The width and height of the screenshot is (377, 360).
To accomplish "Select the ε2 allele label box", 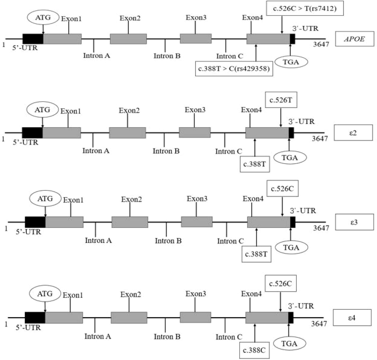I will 353,133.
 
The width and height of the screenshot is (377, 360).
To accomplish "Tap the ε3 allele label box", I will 354,222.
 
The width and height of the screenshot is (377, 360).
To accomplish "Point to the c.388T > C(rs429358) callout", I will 234,68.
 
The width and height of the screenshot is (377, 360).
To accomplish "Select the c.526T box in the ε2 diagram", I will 281,100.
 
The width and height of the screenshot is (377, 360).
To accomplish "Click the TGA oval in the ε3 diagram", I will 291,248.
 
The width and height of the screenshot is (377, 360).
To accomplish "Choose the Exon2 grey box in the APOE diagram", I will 128,39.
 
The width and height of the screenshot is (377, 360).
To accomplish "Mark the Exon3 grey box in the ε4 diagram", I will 195,318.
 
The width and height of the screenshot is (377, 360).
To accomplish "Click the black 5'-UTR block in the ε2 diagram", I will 32,133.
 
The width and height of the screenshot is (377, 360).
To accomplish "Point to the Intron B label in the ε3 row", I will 168,241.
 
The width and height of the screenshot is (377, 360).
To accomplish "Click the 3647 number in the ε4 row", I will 319,324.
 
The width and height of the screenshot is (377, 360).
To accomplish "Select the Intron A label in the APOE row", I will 96,56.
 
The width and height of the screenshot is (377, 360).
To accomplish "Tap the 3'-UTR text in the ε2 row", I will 301,121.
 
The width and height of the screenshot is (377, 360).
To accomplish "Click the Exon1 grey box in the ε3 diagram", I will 64,222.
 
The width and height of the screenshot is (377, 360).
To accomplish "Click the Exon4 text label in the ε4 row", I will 252,294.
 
